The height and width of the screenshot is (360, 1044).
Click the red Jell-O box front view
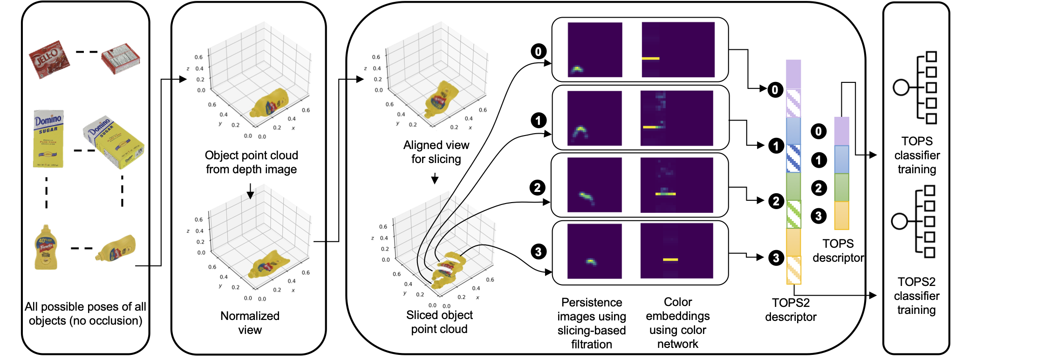tap(49, 59)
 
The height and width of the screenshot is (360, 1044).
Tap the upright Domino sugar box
tap(48, 139)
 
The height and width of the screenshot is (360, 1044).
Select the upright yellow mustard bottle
tap(46, 247)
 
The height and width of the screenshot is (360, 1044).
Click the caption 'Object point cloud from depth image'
tap(251, 162)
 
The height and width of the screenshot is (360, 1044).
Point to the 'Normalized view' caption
tap(250, 323)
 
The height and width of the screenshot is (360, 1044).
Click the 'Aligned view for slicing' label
tap(436, 152)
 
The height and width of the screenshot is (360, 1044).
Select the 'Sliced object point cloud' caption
tap(439, 322)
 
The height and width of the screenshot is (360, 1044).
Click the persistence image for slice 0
tap(595, 50)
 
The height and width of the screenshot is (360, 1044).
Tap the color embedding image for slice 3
tap(676, 251)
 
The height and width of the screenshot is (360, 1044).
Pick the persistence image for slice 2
tap(594, 185)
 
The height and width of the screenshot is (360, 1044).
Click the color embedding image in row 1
tap(676, 118)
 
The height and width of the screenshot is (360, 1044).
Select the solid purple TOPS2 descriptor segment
tap(793, 75)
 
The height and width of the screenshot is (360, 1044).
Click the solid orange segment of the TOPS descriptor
tap(841, 215)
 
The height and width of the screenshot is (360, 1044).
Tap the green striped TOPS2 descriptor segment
tap(793, 214)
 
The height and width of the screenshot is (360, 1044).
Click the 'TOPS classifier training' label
tap(917, 155)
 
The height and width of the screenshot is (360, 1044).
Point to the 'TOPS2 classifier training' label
tap(916, 296)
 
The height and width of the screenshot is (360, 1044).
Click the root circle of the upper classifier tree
tap(901, 88)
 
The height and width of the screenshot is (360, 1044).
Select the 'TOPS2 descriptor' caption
tap(791, 310)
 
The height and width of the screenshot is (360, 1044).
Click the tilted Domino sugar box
tap(114, 142)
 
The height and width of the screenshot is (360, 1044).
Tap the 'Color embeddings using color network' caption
tap(678, 323)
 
